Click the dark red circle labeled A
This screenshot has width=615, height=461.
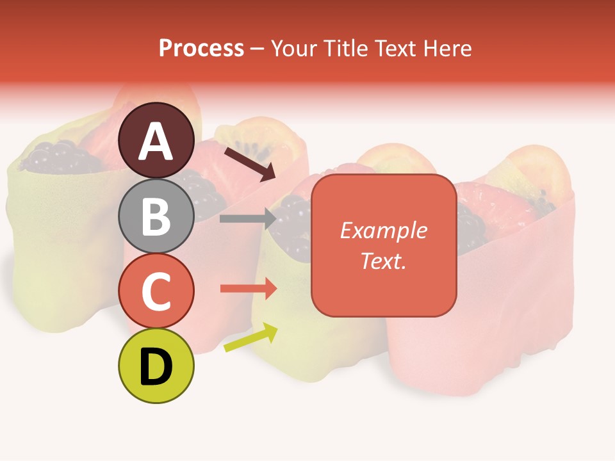click(x=156, y=140)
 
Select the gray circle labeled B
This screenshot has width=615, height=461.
click(x=156, y=216)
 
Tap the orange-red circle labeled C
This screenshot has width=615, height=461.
click(x=156, y=291)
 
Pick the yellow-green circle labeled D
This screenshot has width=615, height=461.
click(x=156, y=366)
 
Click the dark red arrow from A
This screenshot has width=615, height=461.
click(x=249, y=164)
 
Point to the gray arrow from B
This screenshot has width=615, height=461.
click(x=247, y=218)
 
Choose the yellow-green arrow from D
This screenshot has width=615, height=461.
click(x=250, y=338)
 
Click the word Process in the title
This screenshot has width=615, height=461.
click(x=201, y=48)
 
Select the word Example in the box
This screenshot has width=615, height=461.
click(x=384, y=230)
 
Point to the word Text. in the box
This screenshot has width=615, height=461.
click(x=384, y=261)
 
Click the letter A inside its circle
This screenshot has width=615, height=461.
click(x=156, y=142)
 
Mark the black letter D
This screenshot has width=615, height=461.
click(x=156, y=367)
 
